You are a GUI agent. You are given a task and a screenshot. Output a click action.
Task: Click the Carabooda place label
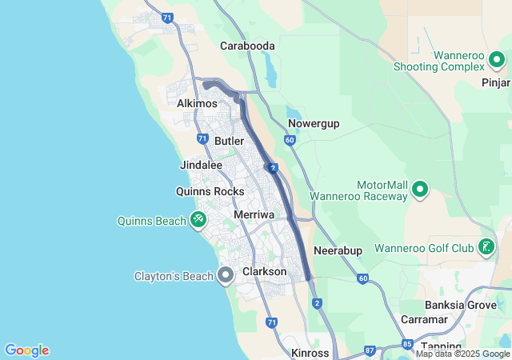coord(247,46)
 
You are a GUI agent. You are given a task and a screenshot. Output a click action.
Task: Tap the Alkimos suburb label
coord(197,104)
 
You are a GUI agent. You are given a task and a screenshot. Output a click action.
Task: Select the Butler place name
coord(229,141)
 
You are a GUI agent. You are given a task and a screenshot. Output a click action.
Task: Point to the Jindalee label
coord(201,165)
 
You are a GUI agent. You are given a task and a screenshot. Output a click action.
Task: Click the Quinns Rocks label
coord(210,191)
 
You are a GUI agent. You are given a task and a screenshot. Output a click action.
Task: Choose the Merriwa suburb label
coord(254,215)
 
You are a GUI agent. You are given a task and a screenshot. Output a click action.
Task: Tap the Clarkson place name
coord(264,272)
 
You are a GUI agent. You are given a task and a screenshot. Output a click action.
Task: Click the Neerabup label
coord(338,250)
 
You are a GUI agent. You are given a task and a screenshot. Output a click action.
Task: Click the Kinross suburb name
coord(310,353)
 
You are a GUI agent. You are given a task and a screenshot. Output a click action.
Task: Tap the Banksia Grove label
coord(454,305)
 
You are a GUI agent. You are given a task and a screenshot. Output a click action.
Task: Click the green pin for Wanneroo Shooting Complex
coord(497,59)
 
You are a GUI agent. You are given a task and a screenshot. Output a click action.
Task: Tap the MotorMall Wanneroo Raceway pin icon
coord(420,190)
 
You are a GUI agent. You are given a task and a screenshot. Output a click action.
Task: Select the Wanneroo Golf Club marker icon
coord(486,247)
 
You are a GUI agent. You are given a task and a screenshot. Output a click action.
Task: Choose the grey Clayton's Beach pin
coord(226,276)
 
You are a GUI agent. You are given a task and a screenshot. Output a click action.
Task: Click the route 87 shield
coord(370,350)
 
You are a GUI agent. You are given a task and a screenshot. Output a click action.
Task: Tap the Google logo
coord(26,350)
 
